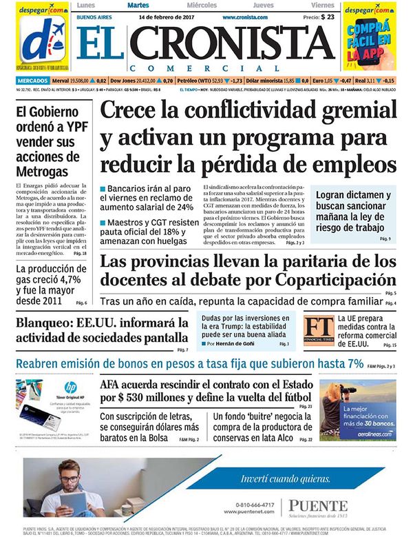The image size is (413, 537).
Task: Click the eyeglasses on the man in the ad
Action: click(69, 479)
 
